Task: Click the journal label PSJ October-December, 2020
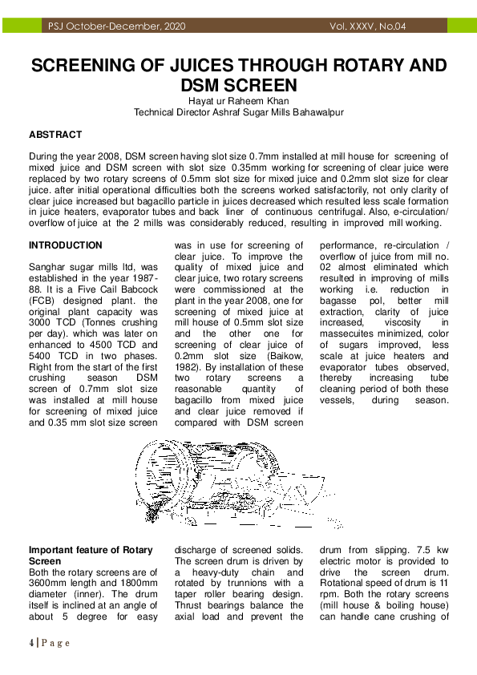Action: click(x=116, y=26)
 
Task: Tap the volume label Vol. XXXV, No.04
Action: click(x=368, y=26)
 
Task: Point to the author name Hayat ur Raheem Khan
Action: click(x=238, y=101)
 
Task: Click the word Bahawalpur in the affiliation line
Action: click(x=316, y=113)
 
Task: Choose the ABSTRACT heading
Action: click(x=55, y=135)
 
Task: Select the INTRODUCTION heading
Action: click(x=66, y=245)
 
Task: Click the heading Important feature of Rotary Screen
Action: click(x=85, y=556)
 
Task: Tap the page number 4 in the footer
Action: click(x=31, y=643)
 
